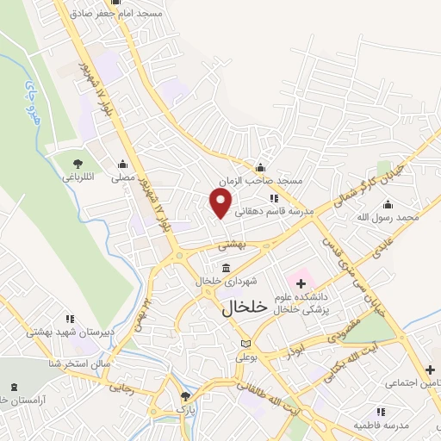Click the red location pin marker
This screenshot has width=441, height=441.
221,202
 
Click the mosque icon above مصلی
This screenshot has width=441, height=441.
123,164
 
